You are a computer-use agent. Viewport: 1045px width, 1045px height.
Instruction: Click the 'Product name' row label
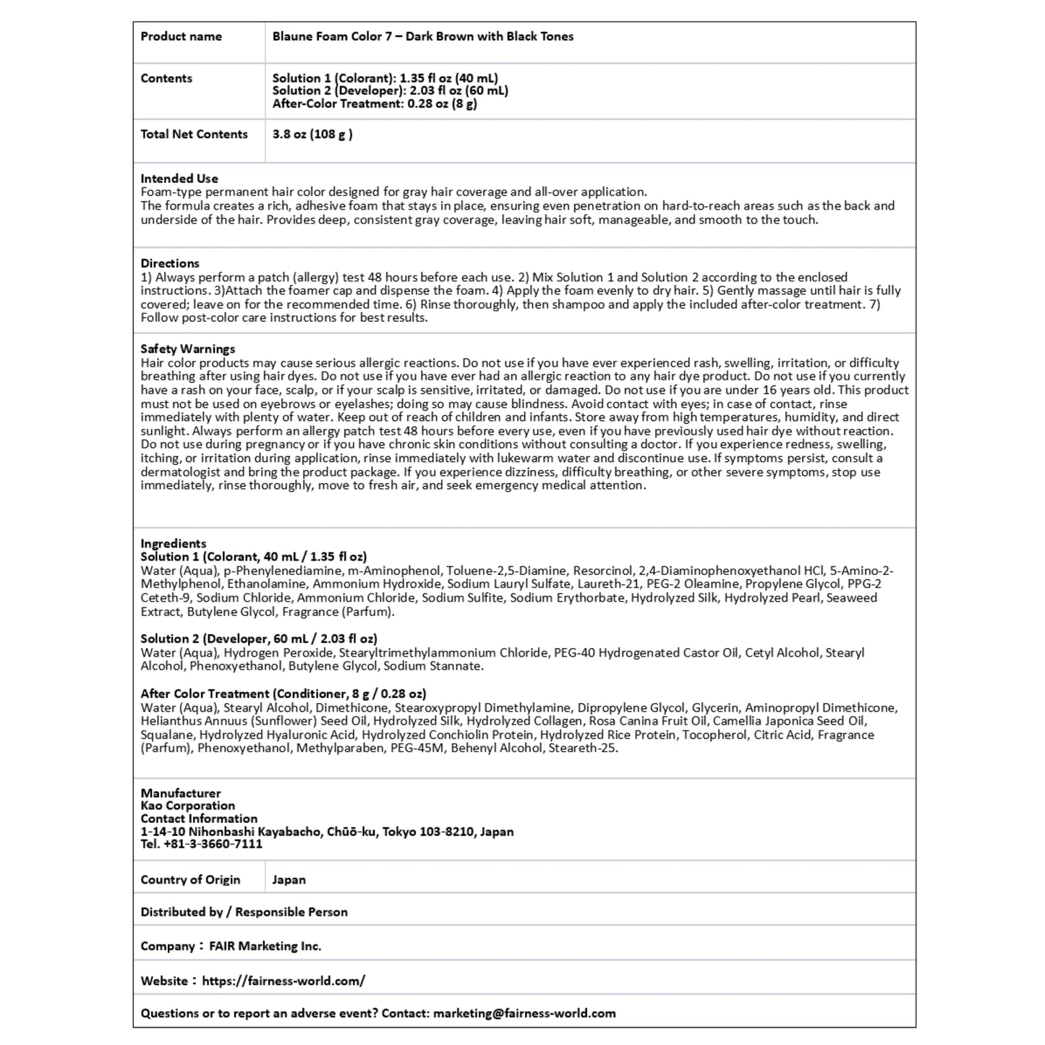coord(181,36)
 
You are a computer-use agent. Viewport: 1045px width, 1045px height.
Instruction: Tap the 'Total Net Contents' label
coord(194,134)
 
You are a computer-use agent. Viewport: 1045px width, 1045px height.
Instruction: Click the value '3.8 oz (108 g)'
coord(312,134)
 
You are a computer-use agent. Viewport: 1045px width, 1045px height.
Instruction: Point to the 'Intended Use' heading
coord(179,179)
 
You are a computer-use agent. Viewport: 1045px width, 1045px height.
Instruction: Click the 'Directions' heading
coord(170,263)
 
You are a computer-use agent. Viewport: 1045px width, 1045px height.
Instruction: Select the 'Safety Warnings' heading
coord(188,349)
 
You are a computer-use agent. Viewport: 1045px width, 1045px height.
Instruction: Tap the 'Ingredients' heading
coord(174,543)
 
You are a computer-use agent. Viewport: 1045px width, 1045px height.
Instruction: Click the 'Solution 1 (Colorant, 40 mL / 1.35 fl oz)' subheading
coord(254,557)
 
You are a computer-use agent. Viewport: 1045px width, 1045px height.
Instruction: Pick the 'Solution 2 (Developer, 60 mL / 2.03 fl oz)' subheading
coord(259,639)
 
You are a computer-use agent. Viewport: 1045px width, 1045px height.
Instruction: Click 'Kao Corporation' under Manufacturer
coord(188,806)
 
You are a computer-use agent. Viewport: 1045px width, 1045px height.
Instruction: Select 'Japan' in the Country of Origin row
coord(289,879)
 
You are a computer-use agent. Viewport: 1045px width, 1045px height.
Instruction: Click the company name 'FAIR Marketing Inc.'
coord(265,946)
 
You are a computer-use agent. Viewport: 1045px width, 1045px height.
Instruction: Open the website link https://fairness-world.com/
coord(283,981)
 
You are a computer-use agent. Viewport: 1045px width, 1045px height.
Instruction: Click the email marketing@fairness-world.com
coord(524,1013)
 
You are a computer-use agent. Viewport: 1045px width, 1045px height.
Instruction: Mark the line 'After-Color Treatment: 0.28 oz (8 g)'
coord(375,103)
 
